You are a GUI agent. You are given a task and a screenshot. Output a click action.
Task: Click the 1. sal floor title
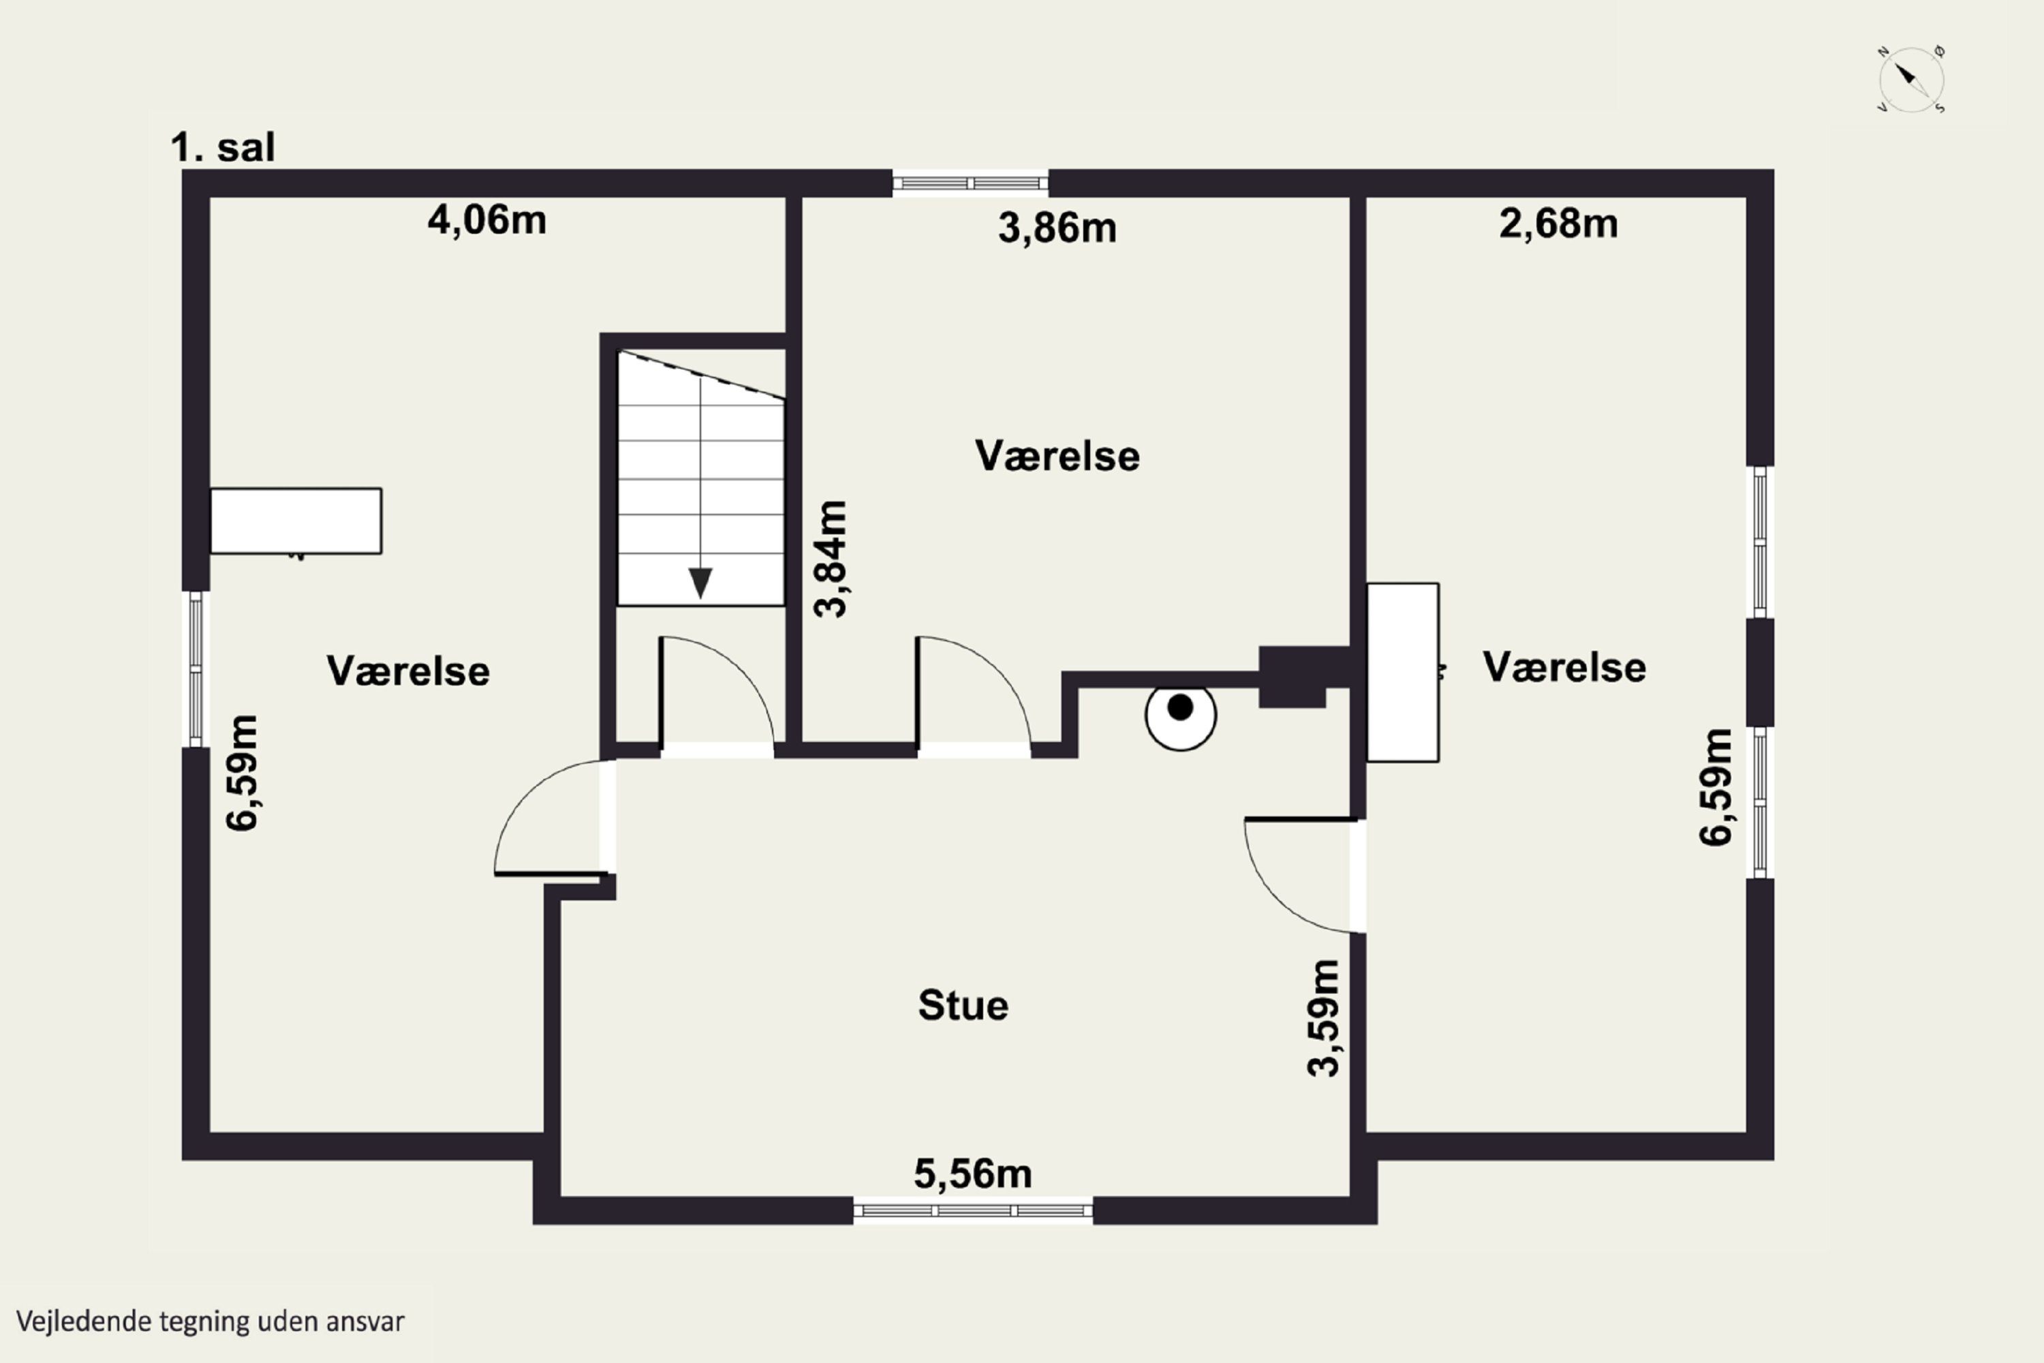click(x=223, y=148)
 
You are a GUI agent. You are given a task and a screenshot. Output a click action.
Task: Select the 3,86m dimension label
click(x=1057, y=228)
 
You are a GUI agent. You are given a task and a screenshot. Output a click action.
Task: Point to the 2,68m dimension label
click(x=1558, y=224)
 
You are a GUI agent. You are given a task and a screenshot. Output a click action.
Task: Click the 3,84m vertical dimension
click(x=831, y=559)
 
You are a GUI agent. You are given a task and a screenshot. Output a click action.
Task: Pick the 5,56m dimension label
click(x=972, y=1174)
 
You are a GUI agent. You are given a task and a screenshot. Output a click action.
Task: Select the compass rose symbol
click(x=1911, y=79)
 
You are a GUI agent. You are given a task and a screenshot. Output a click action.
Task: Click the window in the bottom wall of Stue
click(x=972, y=1210)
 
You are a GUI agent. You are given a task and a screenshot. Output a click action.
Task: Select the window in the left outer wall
click(x=196, y=669)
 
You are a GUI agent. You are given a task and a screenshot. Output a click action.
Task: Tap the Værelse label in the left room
click(x=407, y=671)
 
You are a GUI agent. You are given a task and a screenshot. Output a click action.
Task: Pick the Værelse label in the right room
click(x=1564, y=668)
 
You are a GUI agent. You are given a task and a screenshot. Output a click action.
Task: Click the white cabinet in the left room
click(x=296, y=521)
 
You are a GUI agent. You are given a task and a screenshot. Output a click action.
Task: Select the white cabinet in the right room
click(x=1403, y=672)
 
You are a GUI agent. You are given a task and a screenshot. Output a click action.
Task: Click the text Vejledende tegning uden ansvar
click(x=211, y=1322)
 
